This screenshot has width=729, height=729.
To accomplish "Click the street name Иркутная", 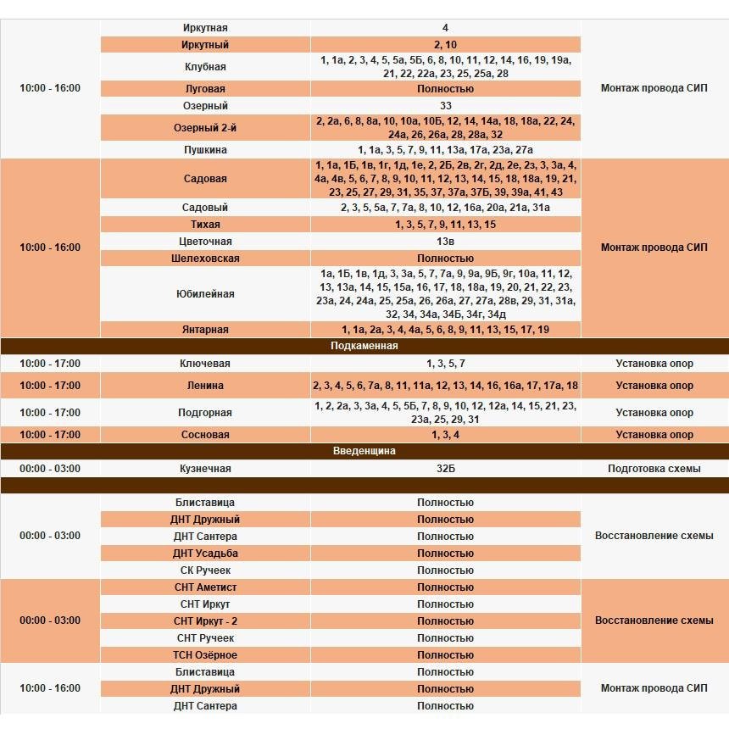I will [205, 28].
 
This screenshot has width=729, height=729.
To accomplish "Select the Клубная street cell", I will [205, 66].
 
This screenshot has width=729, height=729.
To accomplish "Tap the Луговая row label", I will [205, 89].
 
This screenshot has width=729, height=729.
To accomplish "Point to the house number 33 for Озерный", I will [445, 106].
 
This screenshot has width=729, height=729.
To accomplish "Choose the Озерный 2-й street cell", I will [205, 127].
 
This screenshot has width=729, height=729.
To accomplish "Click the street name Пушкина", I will [205, 150].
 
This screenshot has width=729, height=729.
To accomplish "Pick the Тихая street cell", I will [205, 225].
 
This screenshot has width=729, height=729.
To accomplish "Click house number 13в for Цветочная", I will [445, 242].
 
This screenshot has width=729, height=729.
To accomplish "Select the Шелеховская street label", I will [205, 259].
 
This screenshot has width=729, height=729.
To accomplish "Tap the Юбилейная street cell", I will [205, 294].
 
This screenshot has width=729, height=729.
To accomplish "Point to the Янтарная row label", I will [205, 330].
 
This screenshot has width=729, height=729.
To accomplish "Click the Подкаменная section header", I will [364, 346].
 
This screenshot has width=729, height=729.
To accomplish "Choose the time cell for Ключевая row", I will [50, 364].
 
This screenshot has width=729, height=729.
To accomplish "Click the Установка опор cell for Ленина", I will [654, 386].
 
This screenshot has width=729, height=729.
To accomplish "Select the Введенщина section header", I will [364, 451].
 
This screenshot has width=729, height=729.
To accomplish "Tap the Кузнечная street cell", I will [205, 469].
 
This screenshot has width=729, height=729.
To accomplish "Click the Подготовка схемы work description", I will [654, 469].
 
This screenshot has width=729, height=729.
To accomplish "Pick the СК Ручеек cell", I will [205, 570].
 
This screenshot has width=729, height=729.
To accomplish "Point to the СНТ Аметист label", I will [205, 587].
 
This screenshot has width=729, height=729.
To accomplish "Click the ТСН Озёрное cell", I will [205, 655].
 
